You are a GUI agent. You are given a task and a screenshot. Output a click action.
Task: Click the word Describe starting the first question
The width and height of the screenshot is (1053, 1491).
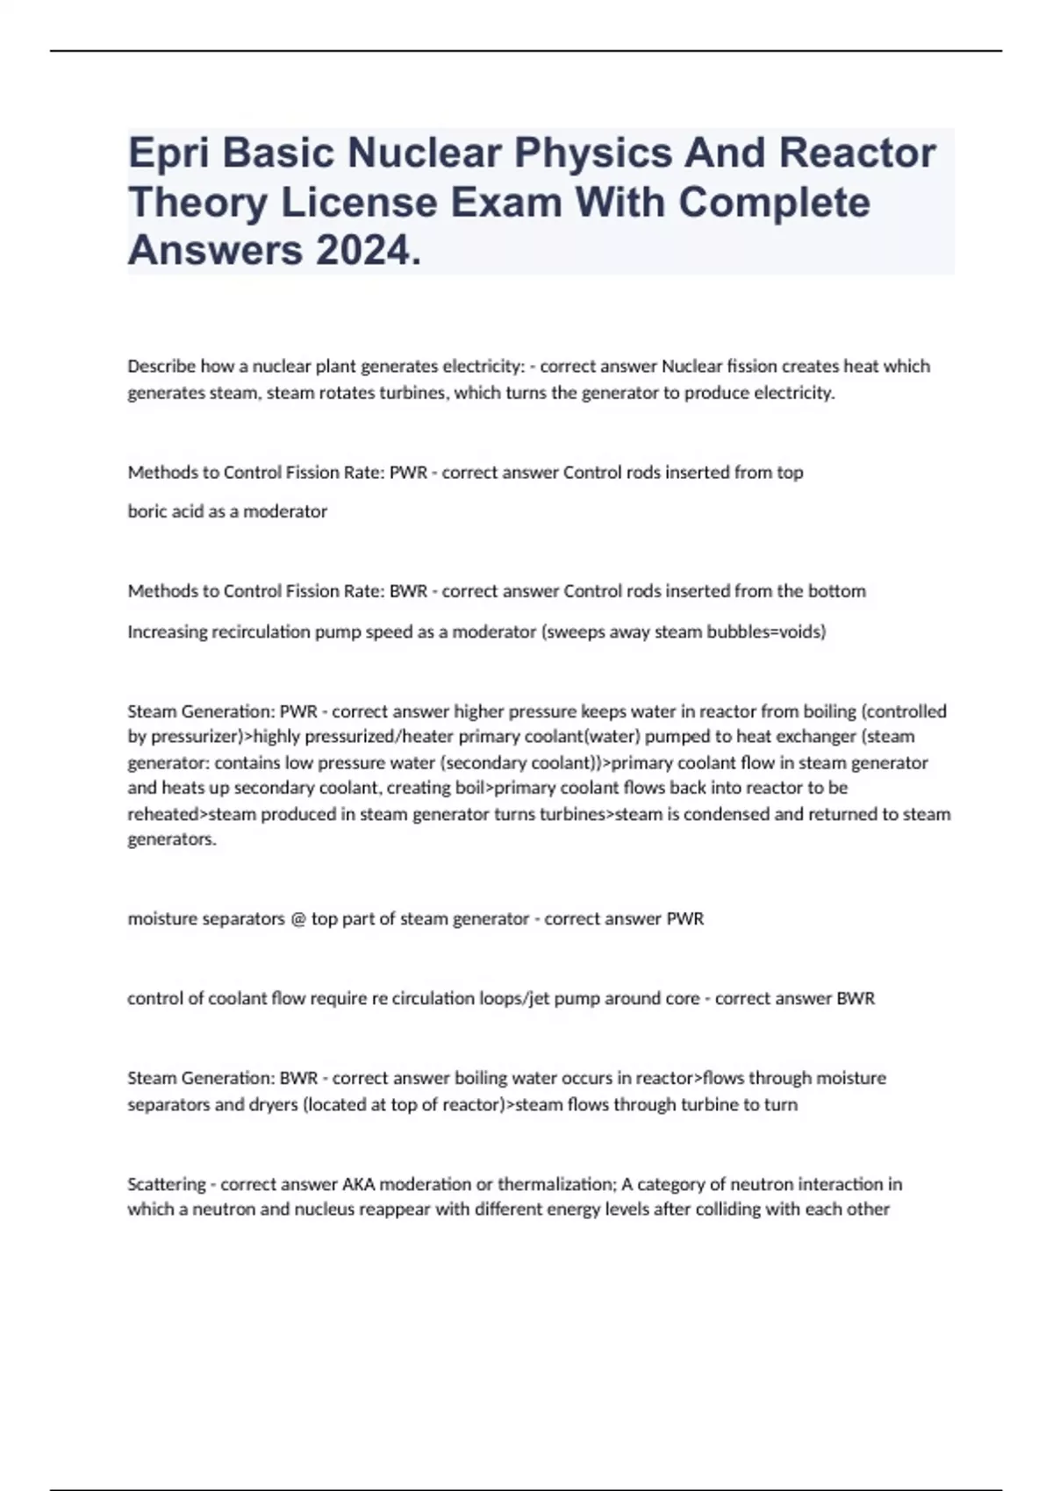click(161, 366)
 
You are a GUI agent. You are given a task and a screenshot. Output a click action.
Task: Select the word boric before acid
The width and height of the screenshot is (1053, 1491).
click(146, 511)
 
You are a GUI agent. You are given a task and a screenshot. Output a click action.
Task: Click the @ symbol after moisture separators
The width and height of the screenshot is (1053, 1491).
click(297, 919)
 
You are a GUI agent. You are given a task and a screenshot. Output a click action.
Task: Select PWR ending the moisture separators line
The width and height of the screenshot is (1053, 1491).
click(685, 919)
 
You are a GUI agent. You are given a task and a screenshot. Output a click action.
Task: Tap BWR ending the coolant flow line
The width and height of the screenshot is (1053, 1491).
click(856, 998)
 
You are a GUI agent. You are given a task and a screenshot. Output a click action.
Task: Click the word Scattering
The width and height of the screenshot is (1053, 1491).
click(166, 1184)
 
